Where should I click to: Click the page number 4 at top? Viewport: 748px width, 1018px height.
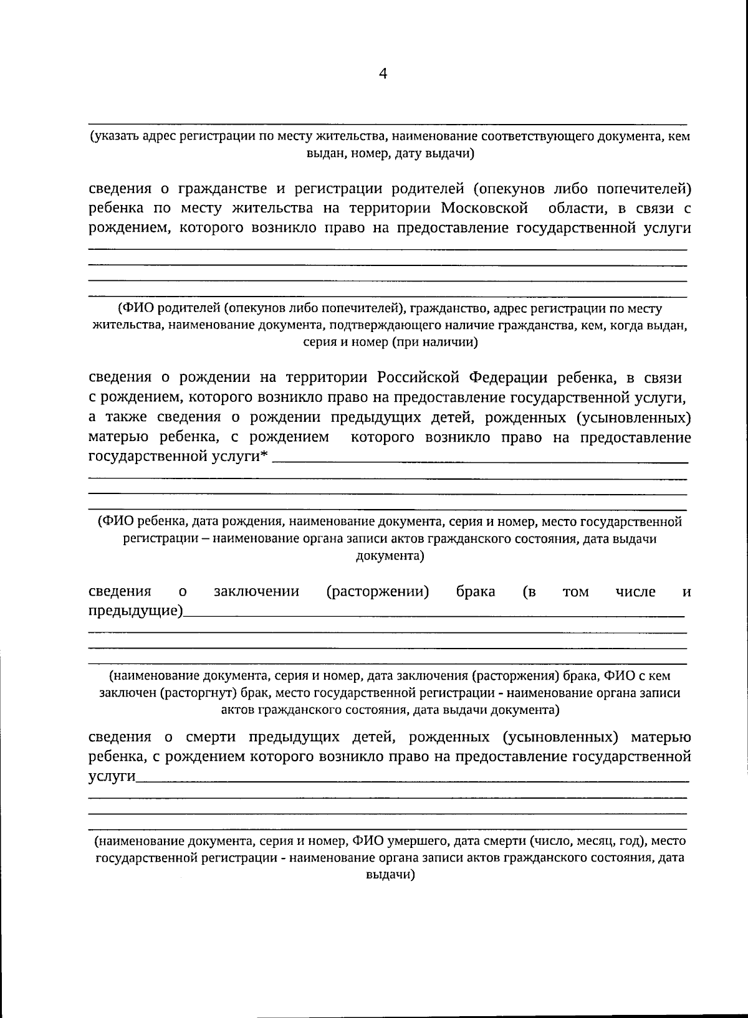tap(383, 74)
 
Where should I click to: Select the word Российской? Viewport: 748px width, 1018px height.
tap(419, 378)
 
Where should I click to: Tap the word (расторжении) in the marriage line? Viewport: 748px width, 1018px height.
tap(378, 591)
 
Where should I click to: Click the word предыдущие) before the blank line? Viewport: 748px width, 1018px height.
tap(135, 611)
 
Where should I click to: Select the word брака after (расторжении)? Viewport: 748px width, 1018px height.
tap(476, 591)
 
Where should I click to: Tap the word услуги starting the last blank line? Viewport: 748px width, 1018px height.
tap(112, 776)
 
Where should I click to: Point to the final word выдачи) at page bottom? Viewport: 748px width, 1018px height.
tap(390, 875)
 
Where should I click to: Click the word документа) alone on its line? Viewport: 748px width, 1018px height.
tap(390, 556)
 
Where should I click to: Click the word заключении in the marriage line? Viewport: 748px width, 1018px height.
tap(256, 591)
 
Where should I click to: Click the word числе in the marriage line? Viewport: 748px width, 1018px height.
tap(635, 591)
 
